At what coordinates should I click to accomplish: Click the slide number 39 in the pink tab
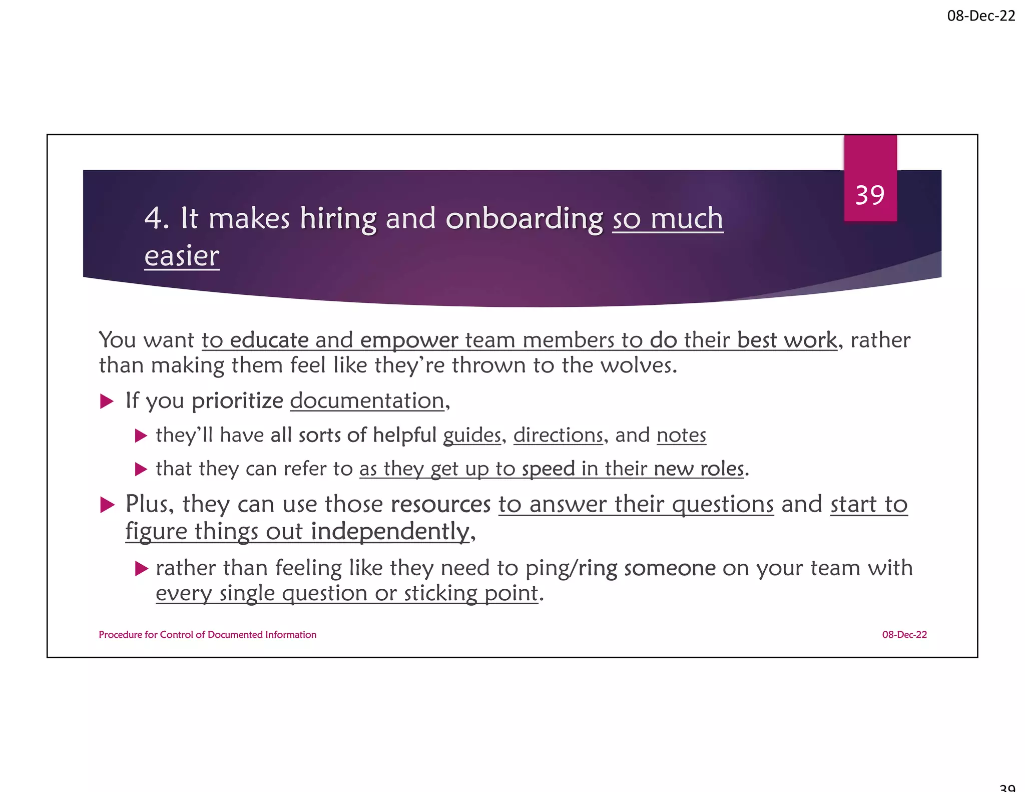pos(870,195)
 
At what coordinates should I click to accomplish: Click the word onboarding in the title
pos(524,219)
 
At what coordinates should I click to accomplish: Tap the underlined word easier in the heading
pos(182,256)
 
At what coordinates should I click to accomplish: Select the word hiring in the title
pos(338,219)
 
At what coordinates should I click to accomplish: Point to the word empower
pos(409,340)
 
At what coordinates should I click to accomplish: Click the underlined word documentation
pos(367,401)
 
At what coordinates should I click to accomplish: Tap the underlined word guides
pos(472,435)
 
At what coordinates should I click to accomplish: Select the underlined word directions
pos(558,435)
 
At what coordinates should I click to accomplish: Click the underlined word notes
pos(681,435)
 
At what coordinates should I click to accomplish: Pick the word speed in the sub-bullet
pos(548,469)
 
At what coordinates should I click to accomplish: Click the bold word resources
pos(440,504)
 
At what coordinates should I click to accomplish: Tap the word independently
pos(390,531)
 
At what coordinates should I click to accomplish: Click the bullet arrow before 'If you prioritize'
pos(107,402)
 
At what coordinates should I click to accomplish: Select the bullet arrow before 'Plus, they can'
pos(107,505)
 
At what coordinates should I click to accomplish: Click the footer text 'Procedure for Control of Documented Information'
pos(207,635)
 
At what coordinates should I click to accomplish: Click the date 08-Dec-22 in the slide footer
pos(904,635)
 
